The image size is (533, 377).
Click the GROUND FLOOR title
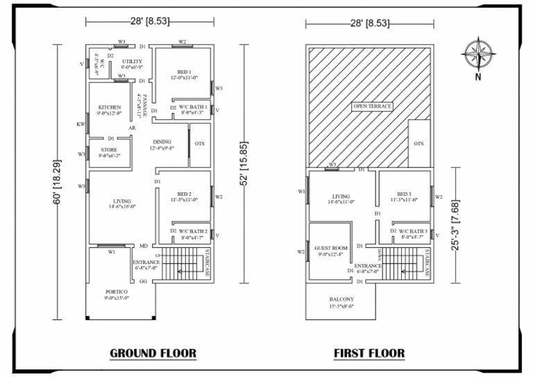click(153, 353)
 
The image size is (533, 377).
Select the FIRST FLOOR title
click(369, 353)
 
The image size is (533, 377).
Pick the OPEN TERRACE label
click(373, 106)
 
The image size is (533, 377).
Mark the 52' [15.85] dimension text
click(244, 164)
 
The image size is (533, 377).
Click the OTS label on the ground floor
click(201, 144)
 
